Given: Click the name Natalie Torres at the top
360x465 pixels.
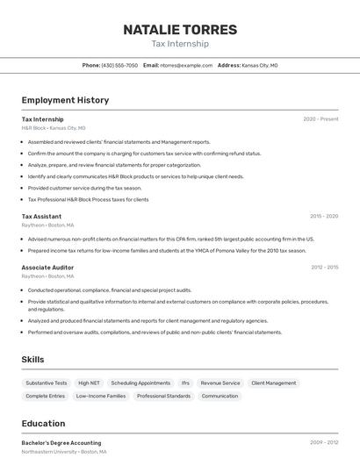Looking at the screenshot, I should (180, 29).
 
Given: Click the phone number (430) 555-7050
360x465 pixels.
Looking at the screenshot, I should (119, 65).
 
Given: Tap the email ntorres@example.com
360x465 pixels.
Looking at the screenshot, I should (185, 65).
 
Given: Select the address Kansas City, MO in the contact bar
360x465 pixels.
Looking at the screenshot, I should (260, 65).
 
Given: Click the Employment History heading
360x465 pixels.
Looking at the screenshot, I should (65, 100).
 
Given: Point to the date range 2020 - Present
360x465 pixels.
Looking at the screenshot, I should (320, 119).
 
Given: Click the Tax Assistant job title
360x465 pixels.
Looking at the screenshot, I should (41, 216).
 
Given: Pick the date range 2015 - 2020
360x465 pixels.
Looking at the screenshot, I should (324, 216).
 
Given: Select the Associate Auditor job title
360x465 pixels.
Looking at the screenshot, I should (47, 268).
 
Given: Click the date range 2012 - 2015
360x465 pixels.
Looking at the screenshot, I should (324, 268).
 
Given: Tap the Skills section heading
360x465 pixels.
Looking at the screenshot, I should (32, 360).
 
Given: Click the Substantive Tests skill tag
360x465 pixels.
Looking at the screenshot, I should (47, 383).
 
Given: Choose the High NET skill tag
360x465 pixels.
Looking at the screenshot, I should (89, 383).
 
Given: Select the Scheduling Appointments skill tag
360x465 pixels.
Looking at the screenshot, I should (140, 383).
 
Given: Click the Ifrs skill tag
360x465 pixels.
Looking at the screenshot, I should (185, 383).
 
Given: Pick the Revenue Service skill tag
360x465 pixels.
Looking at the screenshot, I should (220, 383).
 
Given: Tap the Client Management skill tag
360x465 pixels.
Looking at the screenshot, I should (273, 383).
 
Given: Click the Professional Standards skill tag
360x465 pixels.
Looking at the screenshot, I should (163, 397).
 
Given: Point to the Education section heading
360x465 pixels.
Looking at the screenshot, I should (43, 423).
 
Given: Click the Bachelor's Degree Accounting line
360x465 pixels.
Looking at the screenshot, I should (61, 443).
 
